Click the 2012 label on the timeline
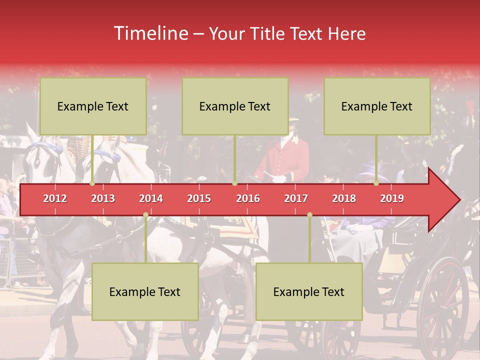[55, 198]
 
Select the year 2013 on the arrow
[103, 198]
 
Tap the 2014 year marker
[151, 198]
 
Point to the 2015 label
[199, 198]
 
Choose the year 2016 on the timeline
[248, 198]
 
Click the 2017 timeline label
[296, 198]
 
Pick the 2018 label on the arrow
[344, 198]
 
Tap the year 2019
[392, 198]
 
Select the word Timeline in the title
[150, 33]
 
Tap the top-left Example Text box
[93, 106]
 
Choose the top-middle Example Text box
[235, 106]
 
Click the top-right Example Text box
[377, 106]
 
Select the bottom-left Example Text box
[145, 292]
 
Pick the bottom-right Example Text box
[309, 292]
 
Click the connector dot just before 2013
[92, 183]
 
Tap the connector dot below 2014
[145, 215]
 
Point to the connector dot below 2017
[309, 215]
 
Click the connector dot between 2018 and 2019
[376, 183]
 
